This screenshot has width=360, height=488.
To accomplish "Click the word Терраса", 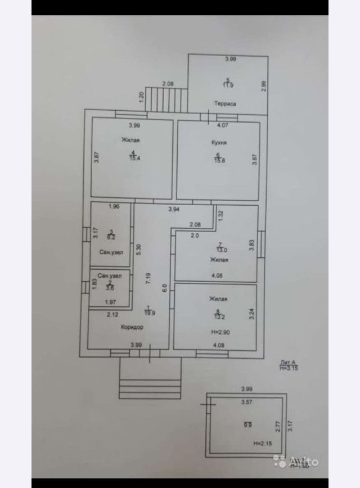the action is [x=224, y=103].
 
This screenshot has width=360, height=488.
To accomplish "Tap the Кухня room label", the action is [x=219, y=143].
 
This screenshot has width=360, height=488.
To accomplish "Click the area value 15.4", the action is [x=133, y=159].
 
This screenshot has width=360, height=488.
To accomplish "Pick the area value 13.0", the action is [x=222, y=250].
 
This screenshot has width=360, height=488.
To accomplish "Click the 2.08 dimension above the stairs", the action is [x=168, y=84].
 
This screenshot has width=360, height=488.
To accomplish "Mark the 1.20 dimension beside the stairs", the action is [x=142, y=97].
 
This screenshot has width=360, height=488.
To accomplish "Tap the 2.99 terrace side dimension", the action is [x=263, y=87].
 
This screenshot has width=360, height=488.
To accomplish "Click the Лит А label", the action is [x=287, y=363].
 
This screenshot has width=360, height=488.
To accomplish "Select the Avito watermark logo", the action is [x=297, y=462].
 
